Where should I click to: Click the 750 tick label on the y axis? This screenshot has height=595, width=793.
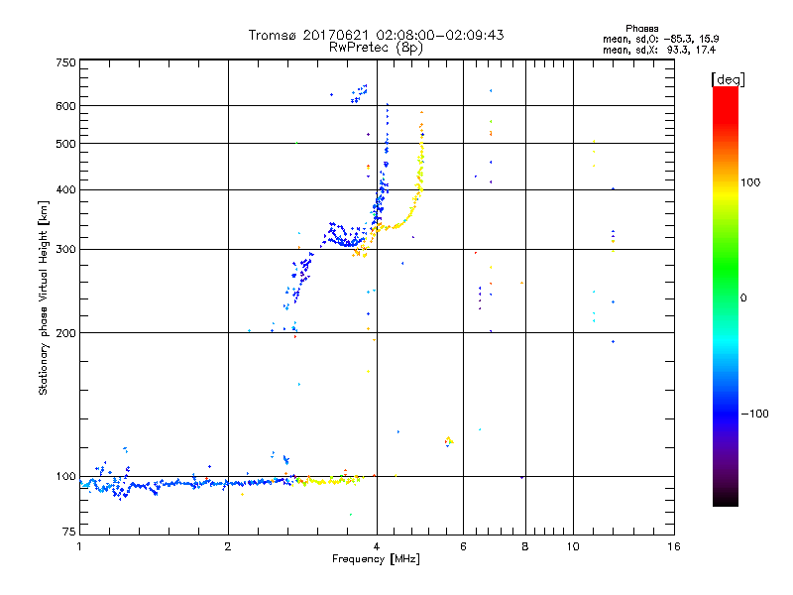[x=65, y=62]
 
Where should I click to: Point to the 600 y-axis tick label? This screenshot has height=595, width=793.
[x=65, y=106]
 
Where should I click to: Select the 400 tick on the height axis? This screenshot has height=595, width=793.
[x=65, y=190]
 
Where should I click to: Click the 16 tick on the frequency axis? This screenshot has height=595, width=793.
[x=674, y=546]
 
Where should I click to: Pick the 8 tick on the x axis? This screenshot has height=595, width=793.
[x=525, y=546]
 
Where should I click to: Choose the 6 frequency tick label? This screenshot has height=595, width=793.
[x=463, y=546]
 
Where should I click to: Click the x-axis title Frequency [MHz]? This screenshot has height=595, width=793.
[x=377, y=559]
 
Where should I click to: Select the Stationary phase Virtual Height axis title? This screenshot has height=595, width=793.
[x=44, y=297]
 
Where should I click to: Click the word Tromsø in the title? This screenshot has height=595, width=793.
[x=273, y=35]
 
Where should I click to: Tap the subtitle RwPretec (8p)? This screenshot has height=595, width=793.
[x=377, y=47]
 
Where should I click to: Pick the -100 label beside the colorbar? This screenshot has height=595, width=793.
[x=755, y=414]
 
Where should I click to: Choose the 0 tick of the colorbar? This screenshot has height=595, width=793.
[x=745, y=297]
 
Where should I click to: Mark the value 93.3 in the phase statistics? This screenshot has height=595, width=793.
[x=678, y=49]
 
